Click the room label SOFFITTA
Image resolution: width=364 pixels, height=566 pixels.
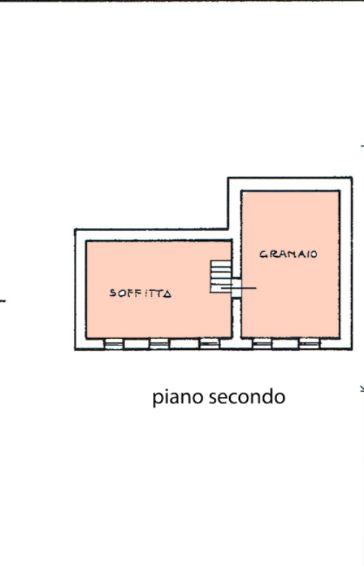tap(141, 293)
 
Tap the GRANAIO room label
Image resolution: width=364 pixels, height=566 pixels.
tap(289, 254)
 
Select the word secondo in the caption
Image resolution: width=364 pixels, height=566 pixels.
tap(247, 396)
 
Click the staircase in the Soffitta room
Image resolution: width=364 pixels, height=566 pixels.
tap(220, 276)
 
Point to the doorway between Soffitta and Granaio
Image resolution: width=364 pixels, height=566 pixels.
tap(236, 287)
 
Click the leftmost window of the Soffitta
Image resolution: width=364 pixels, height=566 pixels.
tap(114, 344)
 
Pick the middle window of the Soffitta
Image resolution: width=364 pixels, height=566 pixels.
tap(159, 344)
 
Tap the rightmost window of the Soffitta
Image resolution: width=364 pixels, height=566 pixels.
tap(210, 344)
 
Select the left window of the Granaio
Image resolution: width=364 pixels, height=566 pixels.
tap(262, 344)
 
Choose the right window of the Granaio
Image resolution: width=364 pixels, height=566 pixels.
tap(310, 344)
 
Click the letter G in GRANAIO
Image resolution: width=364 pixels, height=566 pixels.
tap(263, 254)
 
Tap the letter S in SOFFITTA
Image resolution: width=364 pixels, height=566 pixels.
tap(113, 292)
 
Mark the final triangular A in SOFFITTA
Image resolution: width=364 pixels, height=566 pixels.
tap(167, 294)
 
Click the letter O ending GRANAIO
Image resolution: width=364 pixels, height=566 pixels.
tap(314, 255)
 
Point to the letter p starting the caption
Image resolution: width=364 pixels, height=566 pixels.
tap(157, 398)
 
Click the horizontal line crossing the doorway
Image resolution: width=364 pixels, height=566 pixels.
tap(239, 288)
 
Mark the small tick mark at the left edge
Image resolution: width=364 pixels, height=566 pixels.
tap(2, 300)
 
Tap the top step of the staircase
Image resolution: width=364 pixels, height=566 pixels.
tap(220, 263)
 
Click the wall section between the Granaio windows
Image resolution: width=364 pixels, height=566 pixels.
tap(286, 344)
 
